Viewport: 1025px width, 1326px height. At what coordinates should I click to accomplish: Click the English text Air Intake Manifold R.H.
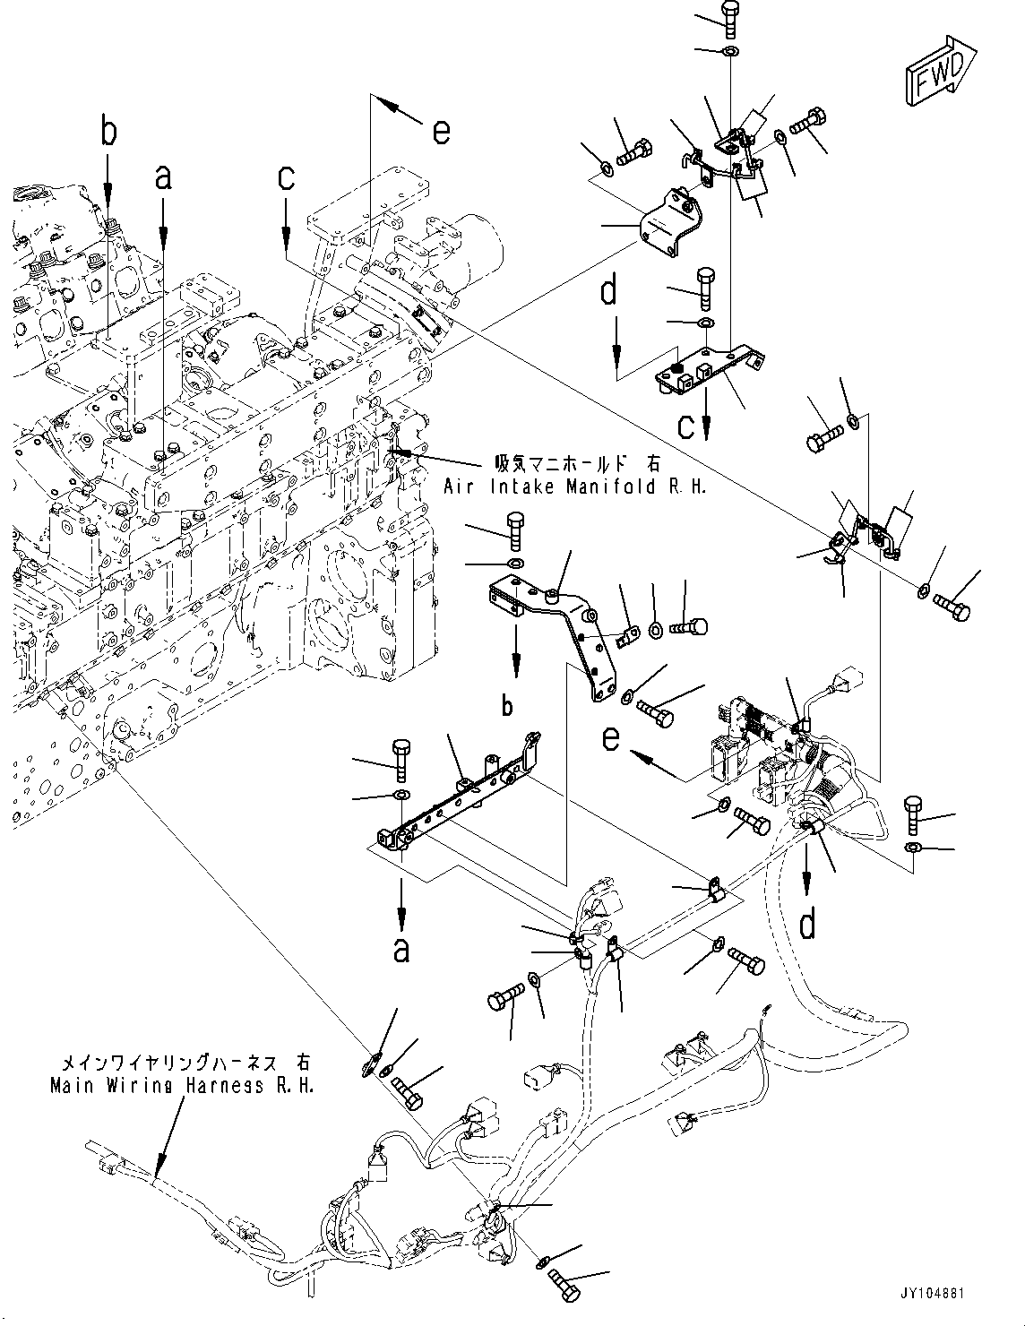[x=575, y=486]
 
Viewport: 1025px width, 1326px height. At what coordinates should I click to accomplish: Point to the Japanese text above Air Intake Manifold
[x=578, y=464]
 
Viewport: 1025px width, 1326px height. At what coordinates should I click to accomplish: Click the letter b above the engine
[x=108, y=133]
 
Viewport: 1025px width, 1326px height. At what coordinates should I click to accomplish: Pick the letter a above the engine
[x=162, y=177]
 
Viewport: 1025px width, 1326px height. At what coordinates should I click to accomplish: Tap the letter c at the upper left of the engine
[x=286, y=177]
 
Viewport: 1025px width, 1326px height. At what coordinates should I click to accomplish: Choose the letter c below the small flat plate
[x=685, y=426]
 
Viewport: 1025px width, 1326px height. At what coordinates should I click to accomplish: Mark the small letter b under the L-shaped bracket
[x=507, y=706]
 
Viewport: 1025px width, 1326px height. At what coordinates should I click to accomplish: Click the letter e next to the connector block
[x=610, y=738]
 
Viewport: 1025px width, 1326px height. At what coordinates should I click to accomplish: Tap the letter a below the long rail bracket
[x=401, y=948]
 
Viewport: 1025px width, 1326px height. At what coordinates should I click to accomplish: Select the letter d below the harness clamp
[x=807, y=924]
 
